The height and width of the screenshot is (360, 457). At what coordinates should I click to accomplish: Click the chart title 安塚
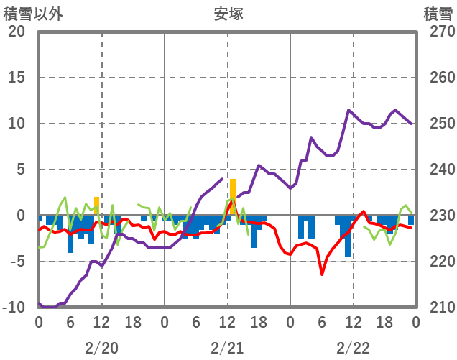click(x=228, y=14)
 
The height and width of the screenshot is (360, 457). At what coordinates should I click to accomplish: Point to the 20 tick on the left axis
click(x=17, y=32)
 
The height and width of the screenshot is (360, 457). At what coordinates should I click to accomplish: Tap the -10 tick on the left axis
click(x=17, y=308)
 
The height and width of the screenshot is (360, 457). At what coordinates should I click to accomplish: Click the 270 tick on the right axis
click(x=438, y=32)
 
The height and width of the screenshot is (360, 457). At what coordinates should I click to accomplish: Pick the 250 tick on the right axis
click(x=438, y=124)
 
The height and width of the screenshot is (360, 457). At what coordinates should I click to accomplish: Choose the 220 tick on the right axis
click(x=438, y=262)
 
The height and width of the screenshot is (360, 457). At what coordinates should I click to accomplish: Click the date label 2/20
click(x=101, y=348)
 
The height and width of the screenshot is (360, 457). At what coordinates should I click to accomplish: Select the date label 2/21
click(x=227, y=348)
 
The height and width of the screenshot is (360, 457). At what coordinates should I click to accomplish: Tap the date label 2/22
click(x=353, y=348)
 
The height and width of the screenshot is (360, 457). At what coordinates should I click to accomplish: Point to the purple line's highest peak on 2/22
click(x=349, y=110)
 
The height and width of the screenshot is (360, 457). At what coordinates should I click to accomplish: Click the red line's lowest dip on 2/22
click(x=322, y=274)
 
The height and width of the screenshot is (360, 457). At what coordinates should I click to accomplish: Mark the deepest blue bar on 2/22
click(x=348, y=237)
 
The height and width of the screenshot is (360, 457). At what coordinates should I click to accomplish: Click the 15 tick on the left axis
click(x=17, y=78)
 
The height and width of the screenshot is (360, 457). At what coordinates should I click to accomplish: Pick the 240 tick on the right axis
click(x=438, y=170)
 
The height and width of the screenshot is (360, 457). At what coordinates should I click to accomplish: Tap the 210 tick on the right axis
click(x=438, y=308)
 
